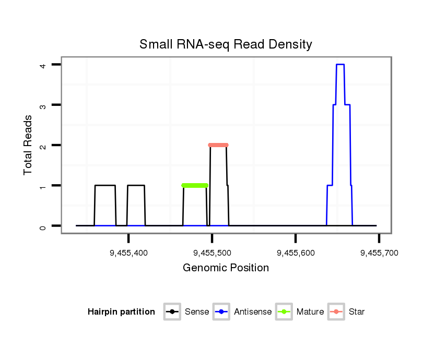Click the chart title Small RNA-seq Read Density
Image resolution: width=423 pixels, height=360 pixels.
226,44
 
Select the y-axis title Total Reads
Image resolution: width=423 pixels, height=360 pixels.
29,145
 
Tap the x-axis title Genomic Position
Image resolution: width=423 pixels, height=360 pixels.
226,268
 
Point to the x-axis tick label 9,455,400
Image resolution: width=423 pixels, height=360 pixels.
128,253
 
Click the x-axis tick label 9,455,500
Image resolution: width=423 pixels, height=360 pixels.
212,253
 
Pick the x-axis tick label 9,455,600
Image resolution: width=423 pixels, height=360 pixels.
296,253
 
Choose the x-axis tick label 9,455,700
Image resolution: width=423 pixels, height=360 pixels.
379,253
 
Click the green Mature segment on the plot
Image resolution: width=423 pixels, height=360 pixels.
195,185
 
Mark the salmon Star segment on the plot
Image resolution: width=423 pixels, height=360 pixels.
218,145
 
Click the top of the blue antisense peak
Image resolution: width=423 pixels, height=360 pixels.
340,65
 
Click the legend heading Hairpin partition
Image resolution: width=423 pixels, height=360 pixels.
121,312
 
